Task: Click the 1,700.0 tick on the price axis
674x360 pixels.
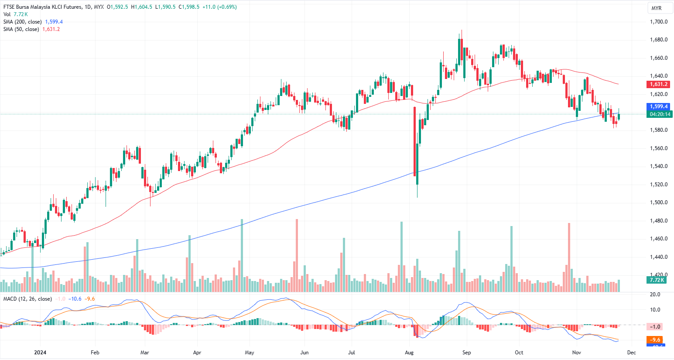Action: pyautogui.click(x=658, y=22)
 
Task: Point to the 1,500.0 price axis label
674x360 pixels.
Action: pyautogui.click(x=658, y=202)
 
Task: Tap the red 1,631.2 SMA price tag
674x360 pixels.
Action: pyautogui.click(x=658, y=84)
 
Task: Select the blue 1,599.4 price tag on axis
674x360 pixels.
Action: pyautogui.click(x=658, y=106)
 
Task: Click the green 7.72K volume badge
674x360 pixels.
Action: pyautogui.click(x=657, y=280)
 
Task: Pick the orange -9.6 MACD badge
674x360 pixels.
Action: pyautogui.click(x=655, y=339)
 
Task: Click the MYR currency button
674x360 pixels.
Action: pyautogui.click(x=656, y=8)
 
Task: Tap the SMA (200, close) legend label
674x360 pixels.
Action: pyautogui.click(x=23, y=22)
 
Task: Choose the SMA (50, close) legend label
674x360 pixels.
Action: pyautogui.click(x=21, y=29)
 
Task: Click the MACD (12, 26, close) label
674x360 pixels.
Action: pyautogui.click(x=27, y=299)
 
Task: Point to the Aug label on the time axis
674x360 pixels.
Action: pyautogui.click(x=409, y=352)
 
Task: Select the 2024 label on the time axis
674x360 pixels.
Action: pyautogui.click(x=40, y=352)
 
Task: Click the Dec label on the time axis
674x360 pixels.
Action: pyautogui.click(x=631, y=352)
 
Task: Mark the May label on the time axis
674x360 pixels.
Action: pyautogui.click(x=250, y=352)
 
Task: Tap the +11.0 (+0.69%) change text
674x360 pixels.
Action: pyautogui.click(x=219, y=7)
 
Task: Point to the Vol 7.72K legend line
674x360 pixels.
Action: pyautogui.click(x=15, y=14)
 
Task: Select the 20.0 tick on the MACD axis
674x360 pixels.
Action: pyautogui.click(x=655, y=295)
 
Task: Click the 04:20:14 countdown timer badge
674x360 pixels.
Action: pyautogui.click(x=660, y=114)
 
